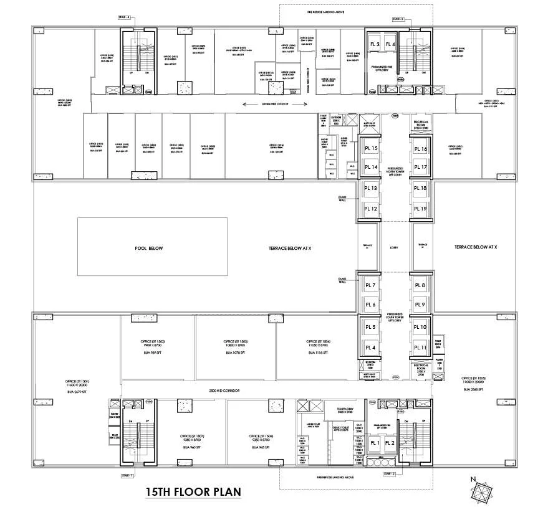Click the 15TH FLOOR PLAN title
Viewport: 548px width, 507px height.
(x=193, y=492)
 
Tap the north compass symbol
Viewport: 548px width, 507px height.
(x=482, y=491)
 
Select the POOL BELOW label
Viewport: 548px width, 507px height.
(x=148, y=248)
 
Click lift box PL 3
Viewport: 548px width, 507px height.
(x=375, y=44)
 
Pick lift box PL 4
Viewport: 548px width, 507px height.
(x=390, y=44)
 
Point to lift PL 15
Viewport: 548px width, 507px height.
(x=371, y=149)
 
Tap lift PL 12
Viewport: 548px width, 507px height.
(x=371, y=209)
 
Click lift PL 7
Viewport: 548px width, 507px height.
(x=371, y=285)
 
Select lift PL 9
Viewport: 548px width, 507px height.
(x=420, y=304)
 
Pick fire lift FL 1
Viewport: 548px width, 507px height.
(x=375, y=443)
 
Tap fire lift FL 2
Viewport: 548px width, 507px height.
(x=390, y=443)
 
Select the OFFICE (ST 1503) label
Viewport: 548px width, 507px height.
(x=235, y=341)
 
